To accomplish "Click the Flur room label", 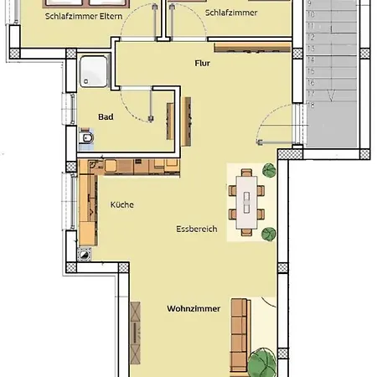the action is pyautogui.click(x=202, y=64).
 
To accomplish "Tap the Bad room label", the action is pyautogui.click(x=106, y=116).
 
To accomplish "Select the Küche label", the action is pyautogui.click(x=122, y=204).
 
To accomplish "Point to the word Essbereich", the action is pyautogui.click(x=197, y=229).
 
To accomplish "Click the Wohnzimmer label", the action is pyautogui.click(x=194, y=308).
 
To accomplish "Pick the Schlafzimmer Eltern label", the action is pyautogui.click(x=84, y=16).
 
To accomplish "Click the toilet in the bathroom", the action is pyautogui.click(x=86, y=137).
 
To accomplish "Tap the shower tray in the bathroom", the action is pyautogui.click(x=94, y=71).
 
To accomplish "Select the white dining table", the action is pyautogui.click(x=246, y=203).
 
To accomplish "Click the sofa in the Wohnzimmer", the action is pyautogui.click(x=240, y=337).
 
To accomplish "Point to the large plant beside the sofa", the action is pyautogui.click(x=262, y=362).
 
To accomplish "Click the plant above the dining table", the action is pyautogui.click(x=269, y=170).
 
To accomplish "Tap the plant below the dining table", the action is pyautogui.click(x=269, y=234).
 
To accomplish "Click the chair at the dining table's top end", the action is pyautogui.click(x=246, y=173).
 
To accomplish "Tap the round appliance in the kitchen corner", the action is pyautogui.click(x=84, y=255).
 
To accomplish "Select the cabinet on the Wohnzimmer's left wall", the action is pyautogui.click(x=136, y=333).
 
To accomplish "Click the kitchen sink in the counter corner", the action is pyautogui.click(x=94, y=165).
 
